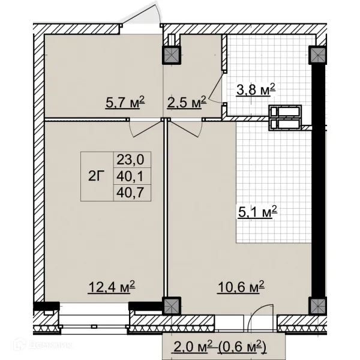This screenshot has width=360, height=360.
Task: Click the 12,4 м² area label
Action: (112, 287)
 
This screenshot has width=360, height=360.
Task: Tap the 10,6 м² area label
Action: (241, 287)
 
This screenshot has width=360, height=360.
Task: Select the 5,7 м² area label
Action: (125, 103)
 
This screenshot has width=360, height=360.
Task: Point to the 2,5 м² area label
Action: (187, 103)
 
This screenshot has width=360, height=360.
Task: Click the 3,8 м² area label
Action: (256, 90)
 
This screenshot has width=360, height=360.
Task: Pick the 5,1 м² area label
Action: (257, 212)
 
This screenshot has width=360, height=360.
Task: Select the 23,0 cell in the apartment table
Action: (130, 160)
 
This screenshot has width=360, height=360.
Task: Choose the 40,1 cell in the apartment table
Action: (130, 176)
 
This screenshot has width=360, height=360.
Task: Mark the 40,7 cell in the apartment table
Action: (130, 193)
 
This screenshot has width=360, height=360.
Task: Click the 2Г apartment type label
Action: (95, 176)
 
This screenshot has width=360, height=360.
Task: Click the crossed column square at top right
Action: (317, 55)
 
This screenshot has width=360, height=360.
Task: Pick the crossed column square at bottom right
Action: (317, 306)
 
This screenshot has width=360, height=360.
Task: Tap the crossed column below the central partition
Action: (172, 306)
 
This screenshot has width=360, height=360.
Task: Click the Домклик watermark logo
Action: (43, 345)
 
